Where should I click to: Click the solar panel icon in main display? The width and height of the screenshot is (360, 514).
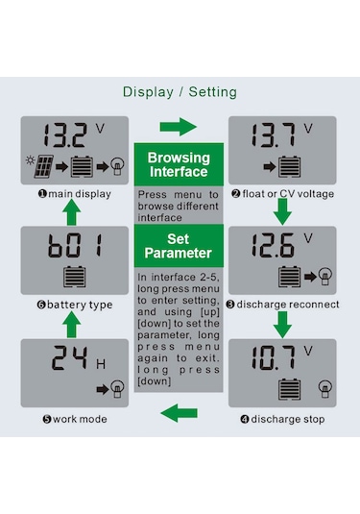(44, 166)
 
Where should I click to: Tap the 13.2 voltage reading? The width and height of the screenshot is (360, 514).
(65, 135)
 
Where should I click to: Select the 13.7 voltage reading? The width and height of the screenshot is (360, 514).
(274, 135)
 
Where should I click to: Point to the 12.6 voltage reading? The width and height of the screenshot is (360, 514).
(274, 245)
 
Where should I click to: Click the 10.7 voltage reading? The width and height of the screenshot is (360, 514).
(274, 358)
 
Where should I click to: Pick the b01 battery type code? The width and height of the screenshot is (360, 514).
(75, 245)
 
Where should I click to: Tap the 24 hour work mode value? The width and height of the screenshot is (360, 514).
(70, 358)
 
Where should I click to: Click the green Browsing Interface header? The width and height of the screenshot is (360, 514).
(179, 164)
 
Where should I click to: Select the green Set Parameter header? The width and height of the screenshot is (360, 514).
(179, 246)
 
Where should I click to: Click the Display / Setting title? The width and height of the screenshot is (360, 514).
(180, 92)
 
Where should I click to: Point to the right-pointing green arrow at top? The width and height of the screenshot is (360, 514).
(179, 127)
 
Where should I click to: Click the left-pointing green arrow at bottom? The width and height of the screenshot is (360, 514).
(179, 413)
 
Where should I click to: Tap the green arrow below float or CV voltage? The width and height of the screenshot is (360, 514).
(282, 211)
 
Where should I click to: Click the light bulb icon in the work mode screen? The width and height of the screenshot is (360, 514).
(117, 389)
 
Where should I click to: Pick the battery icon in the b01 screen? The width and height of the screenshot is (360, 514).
(75, 277)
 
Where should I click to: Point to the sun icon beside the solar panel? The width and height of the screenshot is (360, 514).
(30, 160)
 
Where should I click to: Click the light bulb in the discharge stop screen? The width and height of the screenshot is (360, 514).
(324, 389)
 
